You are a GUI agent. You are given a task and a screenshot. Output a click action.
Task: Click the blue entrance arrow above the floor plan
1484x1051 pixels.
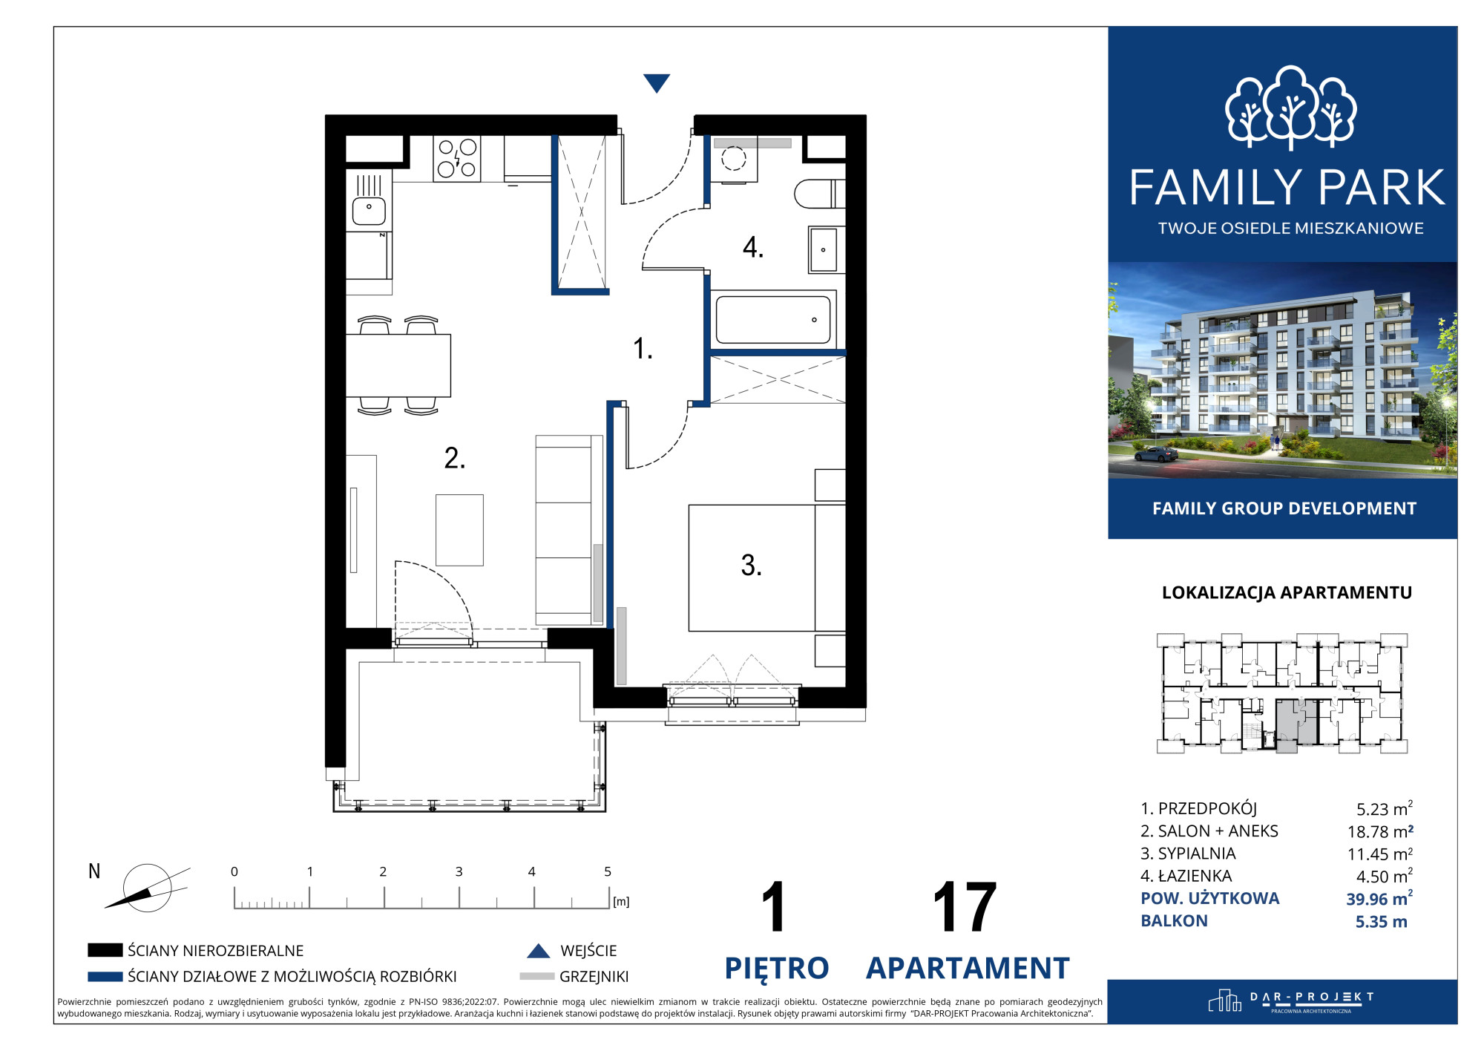coord(657,82)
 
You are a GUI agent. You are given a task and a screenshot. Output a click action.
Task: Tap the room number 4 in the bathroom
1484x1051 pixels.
coord(753,247)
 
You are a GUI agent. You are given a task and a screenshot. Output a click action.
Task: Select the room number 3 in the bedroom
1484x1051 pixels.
coord(751,566)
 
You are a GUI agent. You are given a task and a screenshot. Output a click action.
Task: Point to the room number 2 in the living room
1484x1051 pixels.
coord(455,458)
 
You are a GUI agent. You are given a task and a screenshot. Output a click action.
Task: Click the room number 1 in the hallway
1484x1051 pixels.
coord(643,348)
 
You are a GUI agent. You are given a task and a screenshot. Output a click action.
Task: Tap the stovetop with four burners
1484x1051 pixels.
coord(456,158)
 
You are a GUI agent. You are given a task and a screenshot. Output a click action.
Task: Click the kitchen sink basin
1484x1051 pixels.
coord(369,211)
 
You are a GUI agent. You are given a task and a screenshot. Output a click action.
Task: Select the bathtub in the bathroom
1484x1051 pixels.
coord(773,319)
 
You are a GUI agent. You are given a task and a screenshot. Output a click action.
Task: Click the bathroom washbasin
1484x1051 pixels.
coord(824,249)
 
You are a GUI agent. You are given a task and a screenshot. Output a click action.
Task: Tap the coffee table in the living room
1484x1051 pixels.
coord(459,530)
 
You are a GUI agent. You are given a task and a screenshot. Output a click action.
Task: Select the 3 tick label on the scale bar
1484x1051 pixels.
coord(459,871)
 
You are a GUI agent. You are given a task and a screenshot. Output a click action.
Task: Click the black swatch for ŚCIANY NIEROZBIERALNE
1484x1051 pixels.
coord(105,950)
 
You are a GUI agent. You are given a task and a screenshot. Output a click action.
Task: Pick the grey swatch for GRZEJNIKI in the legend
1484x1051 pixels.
coord(537,977)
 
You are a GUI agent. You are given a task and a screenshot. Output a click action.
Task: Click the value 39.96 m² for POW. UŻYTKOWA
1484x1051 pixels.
coord(1379,899)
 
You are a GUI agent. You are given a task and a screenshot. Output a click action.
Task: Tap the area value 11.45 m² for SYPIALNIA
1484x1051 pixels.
coord(1380,854)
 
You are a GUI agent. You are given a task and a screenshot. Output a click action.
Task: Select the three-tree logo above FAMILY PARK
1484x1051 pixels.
coord(1290,107)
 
